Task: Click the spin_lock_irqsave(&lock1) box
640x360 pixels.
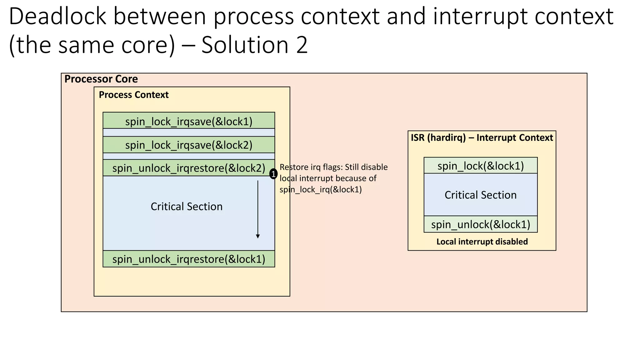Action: point(189,121)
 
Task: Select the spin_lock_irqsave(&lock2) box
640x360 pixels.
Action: point(189,145)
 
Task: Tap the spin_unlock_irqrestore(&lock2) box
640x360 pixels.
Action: point(189,168)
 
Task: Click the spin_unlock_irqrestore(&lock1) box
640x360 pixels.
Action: point(189,259)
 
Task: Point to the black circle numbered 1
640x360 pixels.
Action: point(273,174)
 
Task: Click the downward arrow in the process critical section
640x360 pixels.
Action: point(258,209)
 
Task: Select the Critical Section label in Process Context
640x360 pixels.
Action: point(187,207)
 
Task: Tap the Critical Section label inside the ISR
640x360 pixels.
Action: point(480,195)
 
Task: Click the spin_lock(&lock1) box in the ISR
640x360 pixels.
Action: point(480,166)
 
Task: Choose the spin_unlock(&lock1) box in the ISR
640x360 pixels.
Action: point(480,224)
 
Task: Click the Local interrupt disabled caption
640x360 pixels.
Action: point(482,242)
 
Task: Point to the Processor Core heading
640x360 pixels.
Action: point(101,79)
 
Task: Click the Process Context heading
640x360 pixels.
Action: point(134,95)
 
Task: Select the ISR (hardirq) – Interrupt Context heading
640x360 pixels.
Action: point(482,137)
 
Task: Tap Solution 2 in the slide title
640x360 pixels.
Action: point(254,45)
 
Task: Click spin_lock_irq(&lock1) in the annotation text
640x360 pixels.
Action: point(321,189)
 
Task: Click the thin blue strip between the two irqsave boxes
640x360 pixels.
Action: point(189,132)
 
